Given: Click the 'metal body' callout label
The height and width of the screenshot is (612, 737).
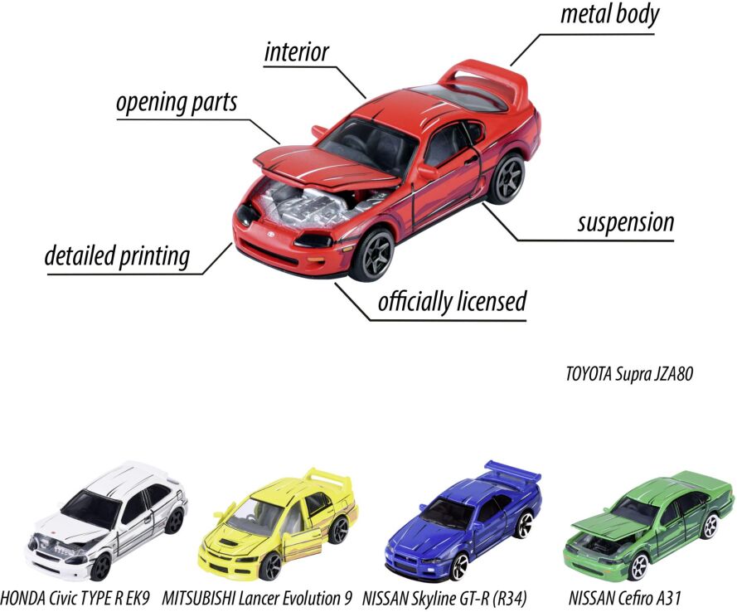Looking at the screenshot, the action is [609, 15].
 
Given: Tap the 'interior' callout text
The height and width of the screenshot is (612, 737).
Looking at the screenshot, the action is [297, 51].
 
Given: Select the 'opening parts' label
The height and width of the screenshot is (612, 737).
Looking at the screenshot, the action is [177, 103].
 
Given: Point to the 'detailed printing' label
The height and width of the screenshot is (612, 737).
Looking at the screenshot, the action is [118, 256].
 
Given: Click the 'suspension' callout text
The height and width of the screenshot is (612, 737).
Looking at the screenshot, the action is [626, 222].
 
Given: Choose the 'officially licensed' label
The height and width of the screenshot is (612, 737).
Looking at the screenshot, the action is [452, 302].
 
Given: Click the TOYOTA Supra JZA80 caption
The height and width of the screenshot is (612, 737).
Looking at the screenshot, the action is [629, 374].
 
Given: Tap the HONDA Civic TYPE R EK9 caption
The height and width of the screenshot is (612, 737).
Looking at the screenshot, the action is [75, 599].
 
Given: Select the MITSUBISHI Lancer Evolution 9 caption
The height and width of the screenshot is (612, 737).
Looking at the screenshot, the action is [257, 599].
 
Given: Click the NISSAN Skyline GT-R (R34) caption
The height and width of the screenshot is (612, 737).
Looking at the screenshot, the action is [444, 599].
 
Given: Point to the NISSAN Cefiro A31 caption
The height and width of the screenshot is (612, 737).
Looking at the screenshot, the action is [624, 599].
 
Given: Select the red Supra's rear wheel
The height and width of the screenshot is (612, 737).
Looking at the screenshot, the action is [507, 177].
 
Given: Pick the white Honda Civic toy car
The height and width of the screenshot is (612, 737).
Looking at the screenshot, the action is [106, 520].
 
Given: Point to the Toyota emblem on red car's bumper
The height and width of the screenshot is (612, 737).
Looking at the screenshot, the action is [271, 234].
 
